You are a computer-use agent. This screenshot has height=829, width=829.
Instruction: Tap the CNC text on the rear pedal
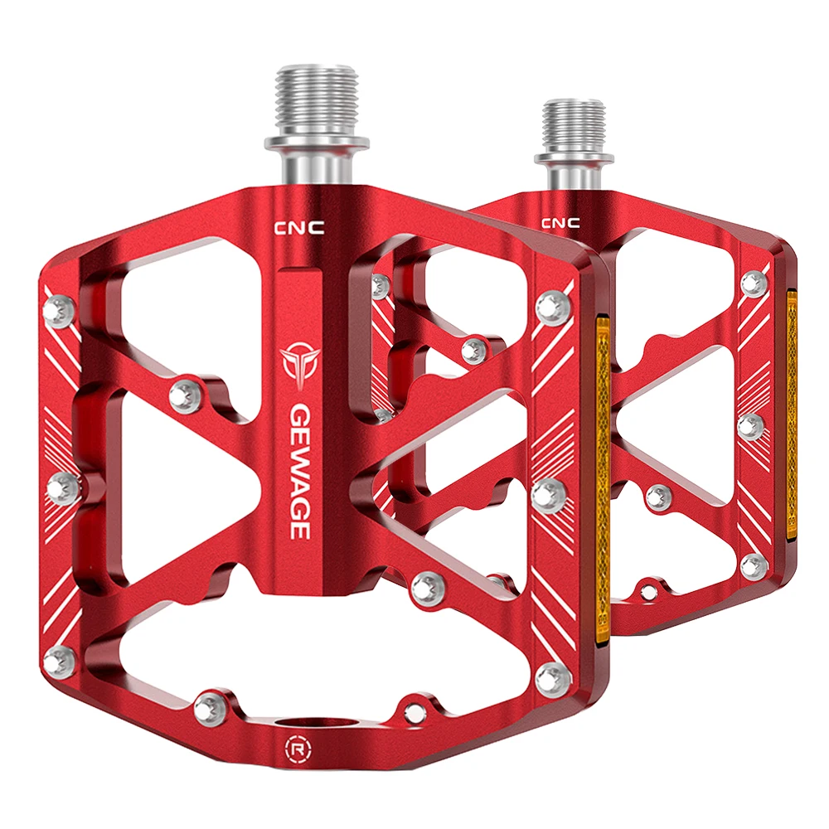[560, 222]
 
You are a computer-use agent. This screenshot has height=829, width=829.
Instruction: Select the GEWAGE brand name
[300, 472]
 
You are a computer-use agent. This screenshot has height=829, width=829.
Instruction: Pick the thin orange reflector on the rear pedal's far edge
[792, 414]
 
